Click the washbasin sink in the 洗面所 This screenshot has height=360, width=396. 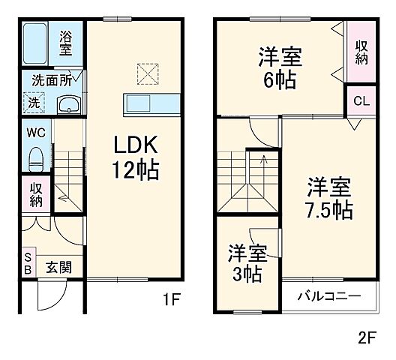pos(70,103)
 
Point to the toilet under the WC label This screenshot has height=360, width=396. pos(34,158)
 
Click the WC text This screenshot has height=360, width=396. pos(34,134)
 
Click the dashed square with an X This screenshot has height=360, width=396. pos(147,72)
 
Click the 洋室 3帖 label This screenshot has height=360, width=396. pos(245,264)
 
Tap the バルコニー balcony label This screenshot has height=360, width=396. pos(328,295)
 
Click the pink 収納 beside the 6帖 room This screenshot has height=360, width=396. pos(361,50)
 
